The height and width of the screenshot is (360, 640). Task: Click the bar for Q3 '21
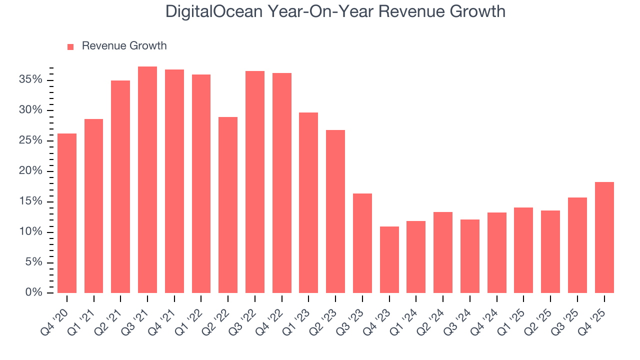(147, 179)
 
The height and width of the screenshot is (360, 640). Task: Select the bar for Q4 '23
(389, 259)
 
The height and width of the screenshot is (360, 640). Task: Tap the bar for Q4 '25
(604, 237)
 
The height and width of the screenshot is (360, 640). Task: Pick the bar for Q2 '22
(228, 205)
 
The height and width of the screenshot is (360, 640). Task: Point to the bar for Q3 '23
(362, 243)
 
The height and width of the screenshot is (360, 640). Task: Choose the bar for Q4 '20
(67, 213)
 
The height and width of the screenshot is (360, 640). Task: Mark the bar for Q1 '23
(308, 202)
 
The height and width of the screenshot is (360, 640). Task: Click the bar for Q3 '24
(470, 256)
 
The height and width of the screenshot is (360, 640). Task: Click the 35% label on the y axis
(31, 80)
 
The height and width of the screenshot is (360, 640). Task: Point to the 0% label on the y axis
(34, 292)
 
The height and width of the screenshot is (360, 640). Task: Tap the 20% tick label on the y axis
(31, 171)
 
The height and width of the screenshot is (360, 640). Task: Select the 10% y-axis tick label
(31, 232)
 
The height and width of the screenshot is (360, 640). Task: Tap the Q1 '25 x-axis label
(513, 316)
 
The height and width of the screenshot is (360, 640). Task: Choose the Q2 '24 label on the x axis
(432, 316)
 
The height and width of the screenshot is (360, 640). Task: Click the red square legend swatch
(70, 46)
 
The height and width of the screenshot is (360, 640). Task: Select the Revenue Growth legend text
(124, 46)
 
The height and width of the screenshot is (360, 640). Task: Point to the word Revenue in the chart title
(403, 11)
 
